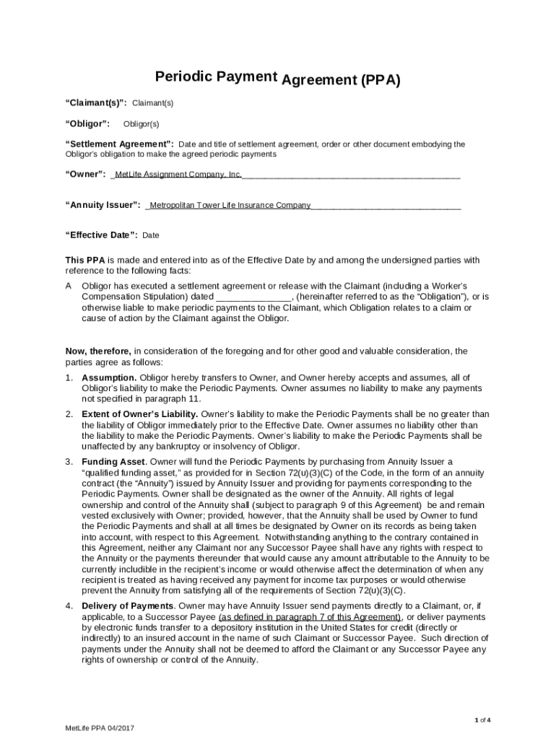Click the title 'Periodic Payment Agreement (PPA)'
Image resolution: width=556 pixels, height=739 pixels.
278,79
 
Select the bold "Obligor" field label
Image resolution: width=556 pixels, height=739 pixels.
88,124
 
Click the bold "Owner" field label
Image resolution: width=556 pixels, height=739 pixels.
86,175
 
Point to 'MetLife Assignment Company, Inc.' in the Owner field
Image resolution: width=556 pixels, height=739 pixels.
178,175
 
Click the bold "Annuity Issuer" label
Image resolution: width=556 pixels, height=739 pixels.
103,205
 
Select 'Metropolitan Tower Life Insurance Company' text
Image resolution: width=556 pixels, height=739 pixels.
230,205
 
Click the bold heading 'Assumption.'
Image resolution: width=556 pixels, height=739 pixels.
109,378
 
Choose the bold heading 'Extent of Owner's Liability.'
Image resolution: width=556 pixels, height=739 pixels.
140,414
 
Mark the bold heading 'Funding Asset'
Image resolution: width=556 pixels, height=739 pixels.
114,461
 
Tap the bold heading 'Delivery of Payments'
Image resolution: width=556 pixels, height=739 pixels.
128,606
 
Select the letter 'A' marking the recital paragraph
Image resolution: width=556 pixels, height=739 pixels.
69,287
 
